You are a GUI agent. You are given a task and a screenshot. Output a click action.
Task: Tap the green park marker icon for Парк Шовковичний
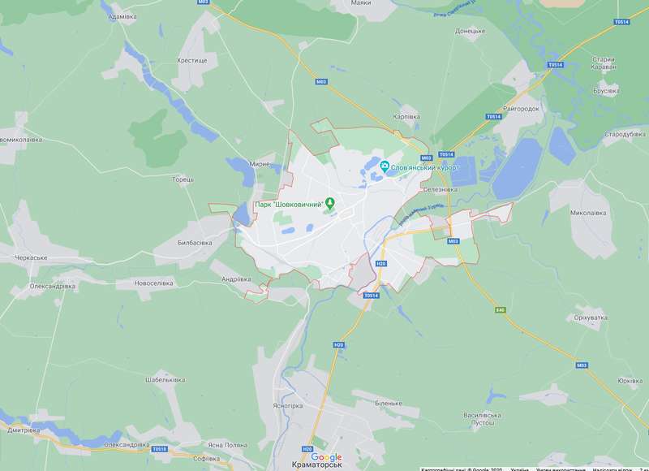(x=329, y=202)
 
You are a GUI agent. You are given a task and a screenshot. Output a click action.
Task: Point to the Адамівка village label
(x=121, y=16)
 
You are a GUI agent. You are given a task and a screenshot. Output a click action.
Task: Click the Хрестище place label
(x=192, y=61)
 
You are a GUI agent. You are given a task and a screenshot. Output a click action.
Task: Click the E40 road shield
(x=500, y=309)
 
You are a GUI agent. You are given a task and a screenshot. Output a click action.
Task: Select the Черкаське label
(x=31, y=257)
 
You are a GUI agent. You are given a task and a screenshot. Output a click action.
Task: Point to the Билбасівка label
(x=195, y=243)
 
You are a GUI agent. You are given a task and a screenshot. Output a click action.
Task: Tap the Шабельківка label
(x=165, y=380)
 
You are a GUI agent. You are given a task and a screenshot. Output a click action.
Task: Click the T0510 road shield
(x=159, y=448)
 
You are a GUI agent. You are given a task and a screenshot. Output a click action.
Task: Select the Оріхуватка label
(x=591, y=318)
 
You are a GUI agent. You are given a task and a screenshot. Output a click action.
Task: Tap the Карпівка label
(x=406, y=117)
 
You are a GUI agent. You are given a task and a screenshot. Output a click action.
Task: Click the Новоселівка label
(x=154, y=283)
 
